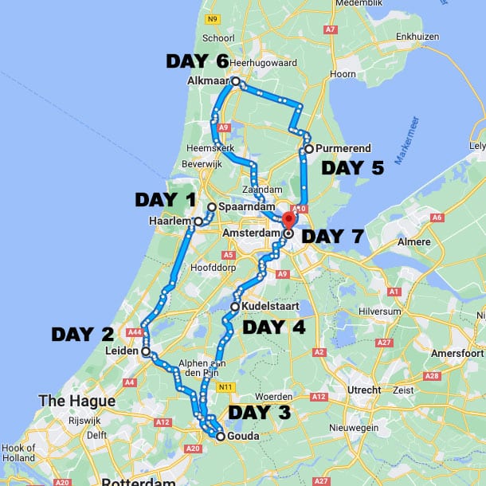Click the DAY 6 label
pyautogui.click(x=197, y=62)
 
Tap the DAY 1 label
pyautogui.click(x=165, y=199)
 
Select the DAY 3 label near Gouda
pyautogui.click(x=260, y=413)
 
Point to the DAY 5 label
pyautogui.click(x=352, y=168)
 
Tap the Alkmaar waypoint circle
pyautogui.click(x=236, y=81)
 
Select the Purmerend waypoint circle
pyautogui.click(x=308, y=148)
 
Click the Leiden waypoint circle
pyautogui.click(x=146, y=351)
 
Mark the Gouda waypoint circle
pyautogui.click(x=220, y=436)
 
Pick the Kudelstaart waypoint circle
pyautogui.click(x=235, y=307)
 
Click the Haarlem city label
pyautogui.click(x=170, y=221)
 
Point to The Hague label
pyautogui.click(x=76, y=401)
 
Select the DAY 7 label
pyautogui.click(x=333, y=237)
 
